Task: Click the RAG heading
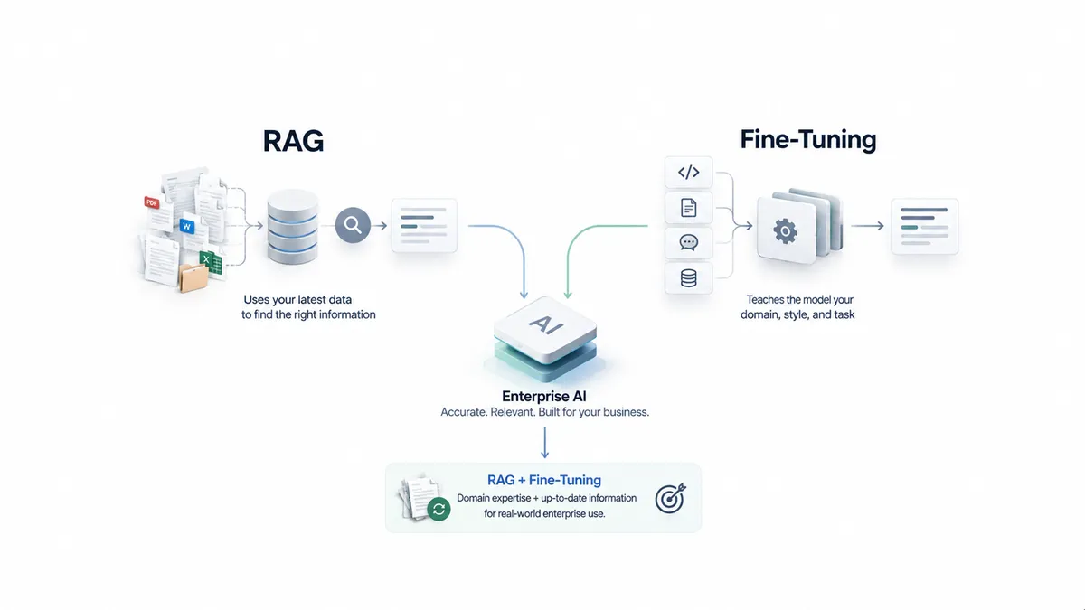293,141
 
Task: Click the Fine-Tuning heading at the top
808,140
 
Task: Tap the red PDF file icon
152,202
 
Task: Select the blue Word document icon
186,226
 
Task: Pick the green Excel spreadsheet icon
207,259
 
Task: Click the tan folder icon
193,278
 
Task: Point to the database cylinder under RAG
293,227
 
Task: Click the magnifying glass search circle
353,225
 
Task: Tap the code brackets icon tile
688,173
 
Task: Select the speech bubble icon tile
688,242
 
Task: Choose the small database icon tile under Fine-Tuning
688,278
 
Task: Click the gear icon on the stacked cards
785,231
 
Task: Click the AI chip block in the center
545,338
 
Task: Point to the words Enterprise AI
544,397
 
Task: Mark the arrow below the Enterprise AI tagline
544,443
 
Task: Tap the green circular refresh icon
439,510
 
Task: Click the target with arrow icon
671,498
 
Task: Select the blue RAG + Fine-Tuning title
544,480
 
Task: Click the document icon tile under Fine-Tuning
688,208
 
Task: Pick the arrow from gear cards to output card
867,226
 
